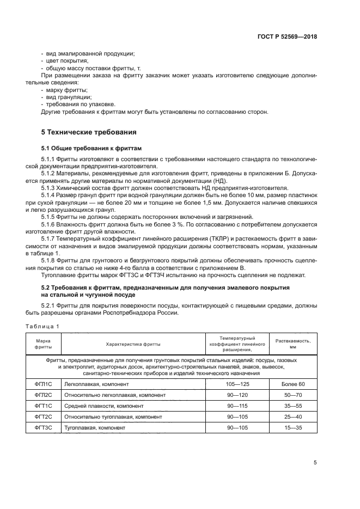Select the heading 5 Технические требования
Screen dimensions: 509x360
pyautogui.click(x=89, y=132)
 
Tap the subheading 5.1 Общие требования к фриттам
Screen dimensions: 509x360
pyautogui.click(x=91, y=148)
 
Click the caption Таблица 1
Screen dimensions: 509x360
pyautogui.click(x=42, y=326)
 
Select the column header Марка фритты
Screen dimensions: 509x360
pyautogui.click(x=44, y=344)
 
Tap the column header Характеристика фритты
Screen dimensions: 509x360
pyautogui.click(x=133, y=344)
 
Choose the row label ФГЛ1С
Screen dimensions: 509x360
pyautogui.click(x=44, y=384)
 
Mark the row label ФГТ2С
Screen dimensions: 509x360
pyautogui.click(x=44, y=417)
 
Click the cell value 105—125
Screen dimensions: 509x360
pyautogui.click(x=237, y=384)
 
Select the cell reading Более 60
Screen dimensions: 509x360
pyautogui.click(x=293, y=384)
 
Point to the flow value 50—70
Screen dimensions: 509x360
pyautogui.click(x=293, y=395)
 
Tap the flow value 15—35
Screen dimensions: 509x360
pyautogui.click(x=293, y=428)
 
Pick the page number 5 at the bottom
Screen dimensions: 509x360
pyautogui.click(x=315, y=463)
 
